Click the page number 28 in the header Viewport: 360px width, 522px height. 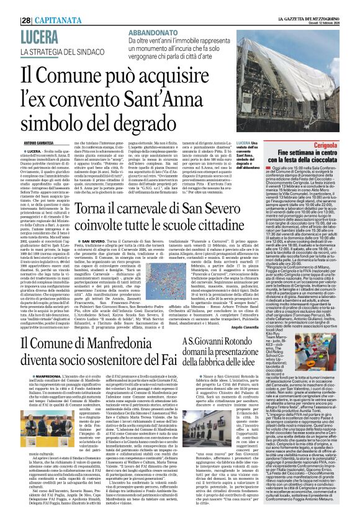click(x=27, y=5)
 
